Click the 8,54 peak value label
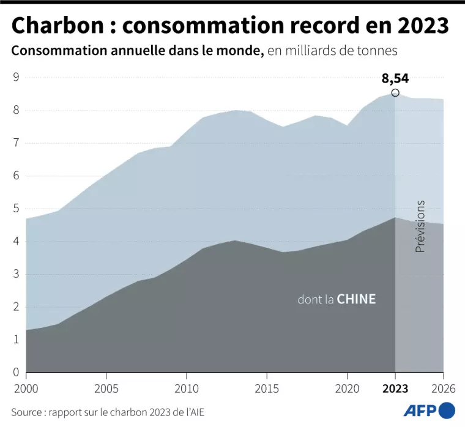click(395, 78)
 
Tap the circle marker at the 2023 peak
click(395, 93)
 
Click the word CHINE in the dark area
click(357, 300)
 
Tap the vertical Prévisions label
click(420, 227)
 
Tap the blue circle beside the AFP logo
click(447, 410)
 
